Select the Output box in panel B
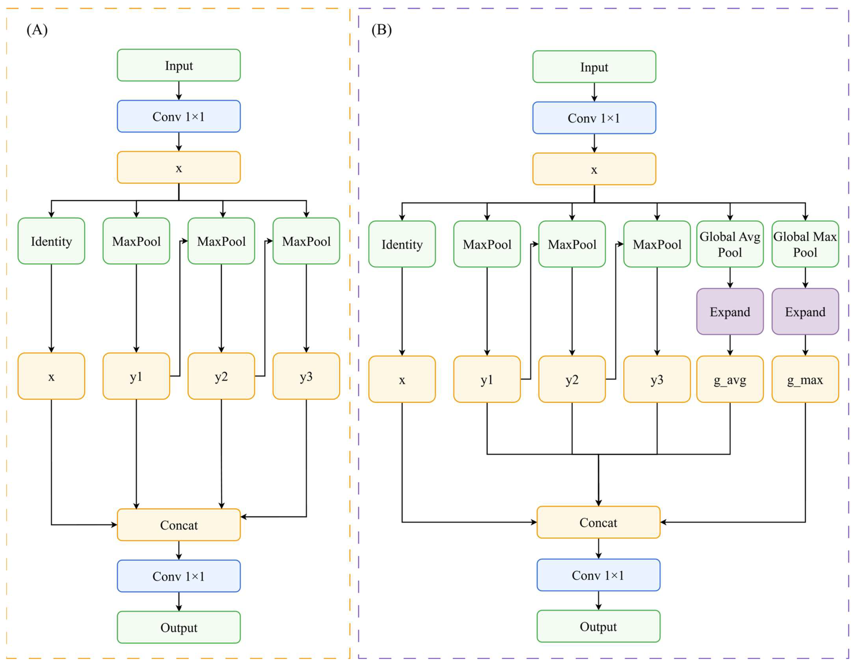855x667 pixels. pos(598,626)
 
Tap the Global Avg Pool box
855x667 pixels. pos(730,244)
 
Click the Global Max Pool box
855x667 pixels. pos(805,244)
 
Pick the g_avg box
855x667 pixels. pos(730,379)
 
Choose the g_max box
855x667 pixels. pos(805,379)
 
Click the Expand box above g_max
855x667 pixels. pos(805,311)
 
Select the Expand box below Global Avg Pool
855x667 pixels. pos(730,311)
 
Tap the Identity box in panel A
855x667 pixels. pos(51,241)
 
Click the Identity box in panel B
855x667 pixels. pos(402,244)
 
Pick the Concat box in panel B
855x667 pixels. pos(598,522)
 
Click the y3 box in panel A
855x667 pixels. pos(306,376)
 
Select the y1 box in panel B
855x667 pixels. pos(487,379)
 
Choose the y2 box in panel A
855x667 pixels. pos(221,376)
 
